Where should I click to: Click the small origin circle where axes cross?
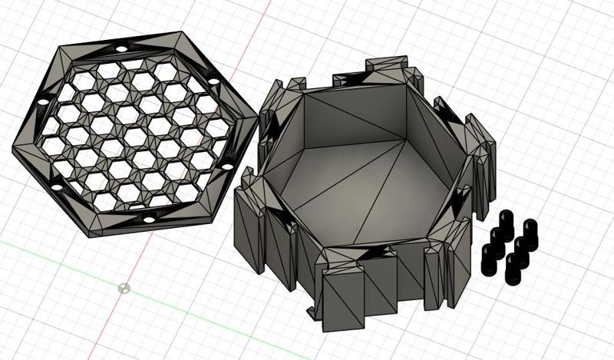[125, 289]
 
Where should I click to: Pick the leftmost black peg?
[487, 256]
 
